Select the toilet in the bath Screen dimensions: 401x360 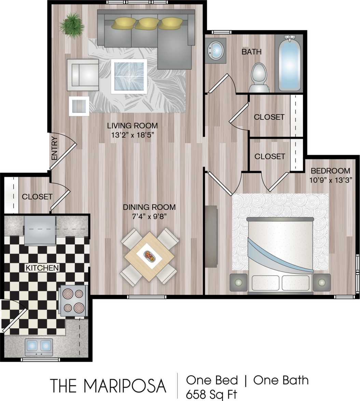pos(259,77)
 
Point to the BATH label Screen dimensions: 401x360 pos(251,52)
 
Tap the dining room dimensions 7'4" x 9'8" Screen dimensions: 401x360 pos(149,216)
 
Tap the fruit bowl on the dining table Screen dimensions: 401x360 pos(150,256)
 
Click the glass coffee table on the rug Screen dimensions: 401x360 pos(129,76)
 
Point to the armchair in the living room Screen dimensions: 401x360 pos(82,75)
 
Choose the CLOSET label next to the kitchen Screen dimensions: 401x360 pos(37,197)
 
